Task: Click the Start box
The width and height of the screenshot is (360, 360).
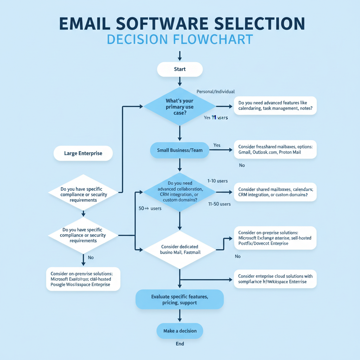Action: click(x=180, y=69)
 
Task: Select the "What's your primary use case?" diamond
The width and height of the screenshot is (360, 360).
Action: click(x=180, y=106)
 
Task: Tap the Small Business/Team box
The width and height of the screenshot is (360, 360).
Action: click(x=180, y=150)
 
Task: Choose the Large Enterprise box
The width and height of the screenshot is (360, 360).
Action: click(x=83, y=153)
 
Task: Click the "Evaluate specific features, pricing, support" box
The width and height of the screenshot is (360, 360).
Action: click(x=180, y=300)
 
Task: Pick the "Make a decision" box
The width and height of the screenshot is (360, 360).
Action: click(x=180, y=331)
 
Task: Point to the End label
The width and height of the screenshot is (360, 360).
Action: click(x=180, y=344)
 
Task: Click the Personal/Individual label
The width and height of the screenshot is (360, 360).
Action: click(x=215, y=92)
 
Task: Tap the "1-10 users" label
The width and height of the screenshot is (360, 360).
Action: click(x=217, y=181)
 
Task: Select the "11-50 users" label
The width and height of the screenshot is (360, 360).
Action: click(x=219, y=204)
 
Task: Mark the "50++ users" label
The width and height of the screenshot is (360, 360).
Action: click(x=150, y=208)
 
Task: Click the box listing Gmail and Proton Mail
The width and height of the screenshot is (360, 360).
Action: click(x=275, y=149)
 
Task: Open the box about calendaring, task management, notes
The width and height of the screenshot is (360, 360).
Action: click(x=275, y=105)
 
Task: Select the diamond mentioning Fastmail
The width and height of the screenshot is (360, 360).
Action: click(x=180, y=250)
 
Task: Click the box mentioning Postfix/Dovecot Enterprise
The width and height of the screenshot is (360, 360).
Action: click(x=275, y=238)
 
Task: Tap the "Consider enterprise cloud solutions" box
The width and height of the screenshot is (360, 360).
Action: click(x=275, y=279)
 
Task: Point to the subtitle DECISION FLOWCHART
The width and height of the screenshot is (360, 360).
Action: click(x=180, y=39)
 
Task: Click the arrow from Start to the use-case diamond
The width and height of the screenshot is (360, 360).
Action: click(x=180, y=82)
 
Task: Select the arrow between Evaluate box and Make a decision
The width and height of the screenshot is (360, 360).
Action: click(x=180, y=315)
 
